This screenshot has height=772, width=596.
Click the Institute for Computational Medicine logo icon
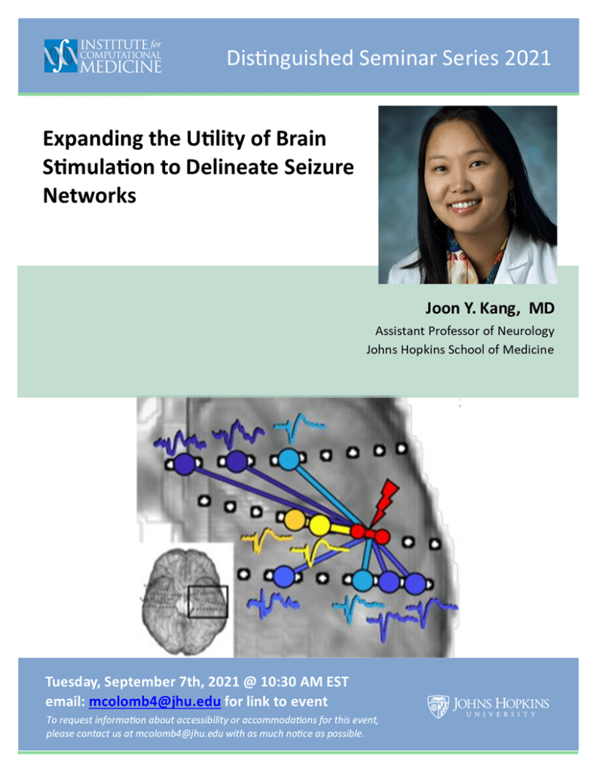pos(61,56)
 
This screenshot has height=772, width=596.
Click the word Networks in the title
pos(90,195)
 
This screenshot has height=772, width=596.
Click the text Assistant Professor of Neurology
pos(465,331)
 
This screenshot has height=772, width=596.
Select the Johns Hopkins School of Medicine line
pos(460,350)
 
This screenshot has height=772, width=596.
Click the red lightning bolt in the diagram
pos(385,502)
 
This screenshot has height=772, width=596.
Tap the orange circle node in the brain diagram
pos(295,520)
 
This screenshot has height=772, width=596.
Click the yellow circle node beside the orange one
pos(319,525)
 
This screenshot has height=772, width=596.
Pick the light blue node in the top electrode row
pos(289,459)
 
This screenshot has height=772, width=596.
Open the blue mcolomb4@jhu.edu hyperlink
pos(154,701)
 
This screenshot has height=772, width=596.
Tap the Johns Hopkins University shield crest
pos(438,706)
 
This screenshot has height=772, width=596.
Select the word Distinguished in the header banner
pos(290,59)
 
